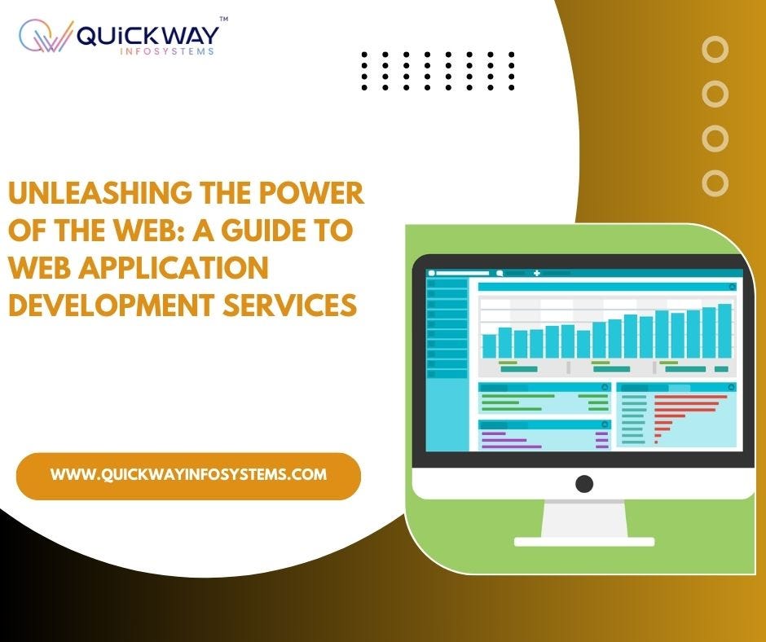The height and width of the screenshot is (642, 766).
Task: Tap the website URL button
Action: point(188,475)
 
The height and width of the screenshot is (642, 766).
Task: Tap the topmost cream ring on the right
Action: point(715,50)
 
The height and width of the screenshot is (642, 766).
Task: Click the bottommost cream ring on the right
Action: point(715,182)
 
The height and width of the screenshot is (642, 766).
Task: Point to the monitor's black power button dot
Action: point(584,483)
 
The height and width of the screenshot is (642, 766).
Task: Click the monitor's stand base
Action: point(584,541)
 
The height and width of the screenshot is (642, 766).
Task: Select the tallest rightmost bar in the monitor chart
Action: point(724,331)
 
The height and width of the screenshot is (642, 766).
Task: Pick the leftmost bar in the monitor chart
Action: point(489,345)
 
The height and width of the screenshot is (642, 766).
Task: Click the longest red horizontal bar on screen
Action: point(690,398)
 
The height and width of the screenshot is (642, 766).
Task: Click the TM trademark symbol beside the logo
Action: point(223,19)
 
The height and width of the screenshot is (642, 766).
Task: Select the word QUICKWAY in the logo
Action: point(147,35)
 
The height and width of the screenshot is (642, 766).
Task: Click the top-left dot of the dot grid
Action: point(364,55)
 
